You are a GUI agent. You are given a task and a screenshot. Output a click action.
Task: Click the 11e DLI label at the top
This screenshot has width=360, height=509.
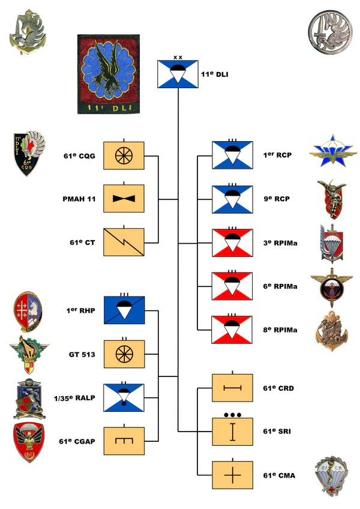pyautogui.click(x=215, y=75)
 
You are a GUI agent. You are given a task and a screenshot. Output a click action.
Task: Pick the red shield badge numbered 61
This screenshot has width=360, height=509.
pyautogui.click(x=28, y=443)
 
